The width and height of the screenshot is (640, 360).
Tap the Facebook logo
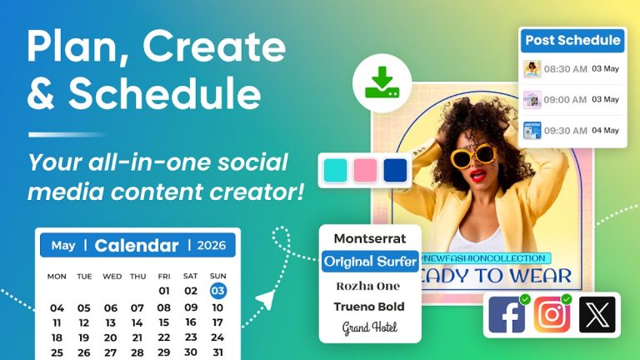[x=507, y=314]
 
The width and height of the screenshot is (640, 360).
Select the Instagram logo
[x=552, y=314]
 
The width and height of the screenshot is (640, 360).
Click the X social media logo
[x=597, y=314]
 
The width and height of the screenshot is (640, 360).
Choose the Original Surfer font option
[x=370, y=262]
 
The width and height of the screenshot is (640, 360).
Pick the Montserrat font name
[x=370, y=238]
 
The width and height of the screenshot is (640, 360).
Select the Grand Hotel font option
[x=370, y=327]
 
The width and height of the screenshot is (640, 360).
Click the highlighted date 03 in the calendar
[x=217, y=291]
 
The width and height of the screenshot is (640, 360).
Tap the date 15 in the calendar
[x=164, y=322]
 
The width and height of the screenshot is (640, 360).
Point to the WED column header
[x=112, y=276]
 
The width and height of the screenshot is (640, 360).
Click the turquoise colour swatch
[x=337, y=170]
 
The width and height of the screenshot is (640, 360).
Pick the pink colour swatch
[x=366, y=170]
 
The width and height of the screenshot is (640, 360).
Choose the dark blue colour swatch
[x=394, y=170]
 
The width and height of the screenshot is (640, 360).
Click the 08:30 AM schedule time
[x=566, y=69]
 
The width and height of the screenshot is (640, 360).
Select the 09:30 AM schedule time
[x=566, y=131]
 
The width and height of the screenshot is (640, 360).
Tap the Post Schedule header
[x=572, y=40]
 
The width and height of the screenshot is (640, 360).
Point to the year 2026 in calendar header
[x=211, y=245]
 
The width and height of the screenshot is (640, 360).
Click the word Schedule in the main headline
[x=165, y=94]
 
